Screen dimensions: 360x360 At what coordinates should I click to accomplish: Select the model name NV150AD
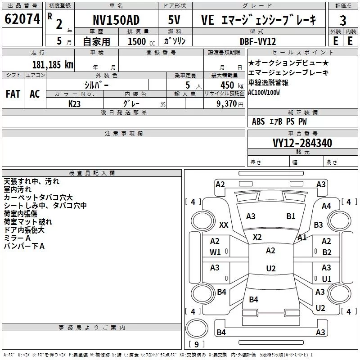tap(116, 20)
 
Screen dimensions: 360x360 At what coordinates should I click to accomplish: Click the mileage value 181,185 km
tap(53, 64)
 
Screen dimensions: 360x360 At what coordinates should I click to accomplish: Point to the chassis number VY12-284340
tap(302, 143)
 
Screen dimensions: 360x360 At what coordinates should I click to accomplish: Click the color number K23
tap(75, 103)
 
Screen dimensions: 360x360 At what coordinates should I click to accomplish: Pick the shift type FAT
tap(13, 94)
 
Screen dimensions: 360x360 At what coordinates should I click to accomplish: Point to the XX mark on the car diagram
tap(224, 225)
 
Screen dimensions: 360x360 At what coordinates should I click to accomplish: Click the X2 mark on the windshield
tap(257, 237)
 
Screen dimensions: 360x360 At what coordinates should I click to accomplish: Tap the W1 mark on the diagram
tap(215, 252)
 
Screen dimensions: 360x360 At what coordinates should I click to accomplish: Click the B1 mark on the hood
tap(291, 216)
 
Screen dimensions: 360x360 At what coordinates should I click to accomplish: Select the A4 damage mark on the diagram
tap(326, 206)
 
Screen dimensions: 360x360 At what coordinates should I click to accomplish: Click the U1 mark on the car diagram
tap(326, 279)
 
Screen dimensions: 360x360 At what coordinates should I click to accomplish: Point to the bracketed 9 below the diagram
tap(196, 345)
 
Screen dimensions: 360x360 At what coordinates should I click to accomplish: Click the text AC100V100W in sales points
tap(264, 92)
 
